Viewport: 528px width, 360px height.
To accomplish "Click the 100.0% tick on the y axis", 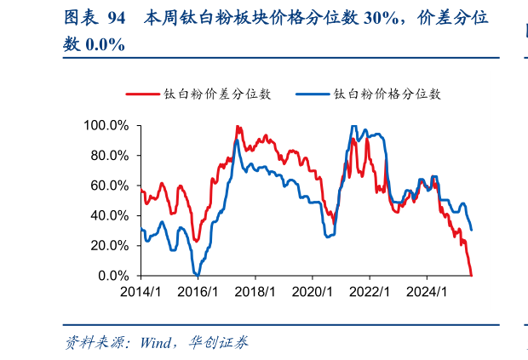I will [x=106, y=126].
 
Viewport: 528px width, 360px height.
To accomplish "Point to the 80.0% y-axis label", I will [x=109, y=156].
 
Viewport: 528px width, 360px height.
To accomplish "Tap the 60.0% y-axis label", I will [x=109, y=186].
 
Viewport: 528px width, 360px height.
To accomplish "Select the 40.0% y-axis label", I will [x=109, y=215].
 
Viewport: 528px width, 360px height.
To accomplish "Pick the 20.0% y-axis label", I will [x=109, y=245].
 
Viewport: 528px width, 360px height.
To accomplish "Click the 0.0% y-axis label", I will [x=112, y=276].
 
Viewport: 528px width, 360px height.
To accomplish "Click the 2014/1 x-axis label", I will [x=141, y=292].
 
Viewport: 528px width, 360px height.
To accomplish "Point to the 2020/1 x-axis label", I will [x=313, y=292].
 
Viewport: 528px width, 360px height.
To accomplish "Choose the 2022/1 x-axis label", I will [x=370, y=292].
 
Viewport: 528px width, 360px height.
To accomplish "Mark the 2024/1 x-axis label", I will [x=428, y=292].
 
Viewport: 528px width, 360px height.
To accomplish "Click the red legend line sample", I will [x=142, y=94].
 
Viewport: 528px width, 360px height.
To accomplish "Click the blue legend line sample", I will [x=313, y=94].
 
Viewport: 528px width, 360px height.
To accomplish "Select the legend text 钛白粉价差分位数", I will [x=217, y=94].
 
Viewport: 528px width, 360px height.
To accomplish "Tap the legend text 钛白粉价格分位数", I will [x=387, y=94].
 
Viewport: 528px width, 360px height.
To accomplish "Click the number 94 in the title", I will [x=118, y=17].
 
